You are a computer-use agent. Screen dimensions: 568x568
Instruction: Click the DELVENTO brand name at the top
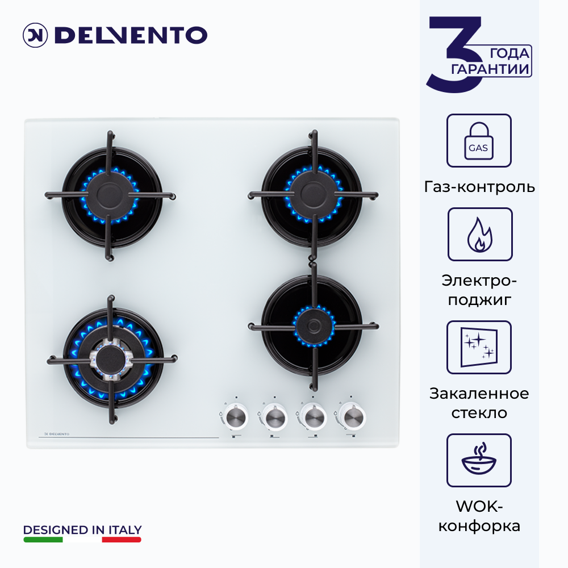point(131,35)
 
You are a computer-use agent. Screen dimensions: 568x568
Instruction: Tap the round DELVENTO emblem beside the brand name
point(35,35)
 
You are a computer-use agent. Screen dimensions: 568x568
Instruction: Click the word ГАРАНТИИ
point(490,69)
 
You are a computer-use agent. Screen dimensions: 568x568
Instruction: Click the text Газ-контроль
point(479,187)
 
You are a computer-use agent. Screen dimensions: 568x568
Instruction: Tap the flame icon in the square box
point(479,235)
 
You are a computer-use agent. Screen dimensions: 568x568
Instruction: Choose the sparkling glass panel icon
point(479,348)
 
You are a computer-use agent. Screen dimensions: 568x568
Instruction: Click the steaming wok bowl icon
point(479,460)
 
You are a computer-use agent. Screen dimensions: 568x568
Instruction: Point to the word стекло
point(479,412)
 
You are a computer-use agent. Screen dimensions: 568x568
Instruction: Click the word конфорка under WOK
point(479,526)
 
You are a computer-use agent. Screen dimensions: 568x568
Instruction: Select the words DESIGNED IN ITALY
point(82,530)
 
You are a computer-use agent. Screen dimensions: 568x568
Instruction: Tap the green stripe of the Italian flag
point(43,540)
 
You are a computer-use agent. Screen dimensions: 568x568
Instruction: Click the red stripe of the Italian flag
point(122,540)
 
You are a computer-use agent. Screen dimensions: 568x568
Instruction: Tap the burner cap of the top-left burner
point(110,195)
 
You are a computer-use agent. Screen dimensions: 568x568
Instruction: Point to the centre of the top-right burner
point(314,194)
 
